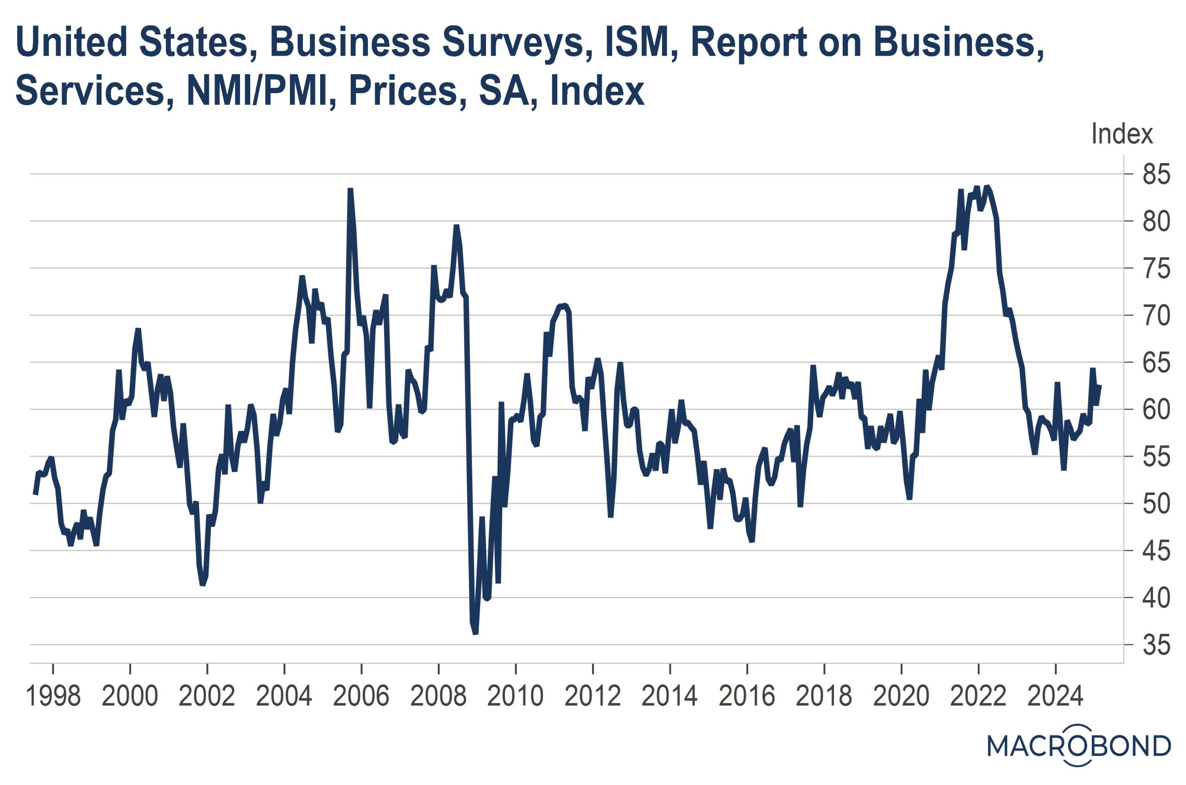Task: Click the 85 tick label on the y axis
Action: click(1156, 175)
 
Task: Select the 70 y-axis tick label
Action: click(1156, 316)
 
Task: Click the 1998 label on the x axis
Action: click(53, 696)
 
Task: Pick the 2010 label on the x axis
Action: click(516, 696)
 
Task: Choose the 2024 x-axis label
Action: click(1055, 696)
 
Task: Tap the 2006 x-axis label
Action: click(361, 696)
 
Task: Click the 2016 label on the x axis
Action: click(747, 696)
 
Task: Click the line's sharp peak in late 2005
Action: click(350, 189)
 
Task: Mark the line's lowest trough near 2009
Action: click(475, 634)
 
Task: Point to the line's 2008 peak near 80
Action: click(456, 226)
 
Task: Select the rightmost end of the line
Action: click(1099, 386)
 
